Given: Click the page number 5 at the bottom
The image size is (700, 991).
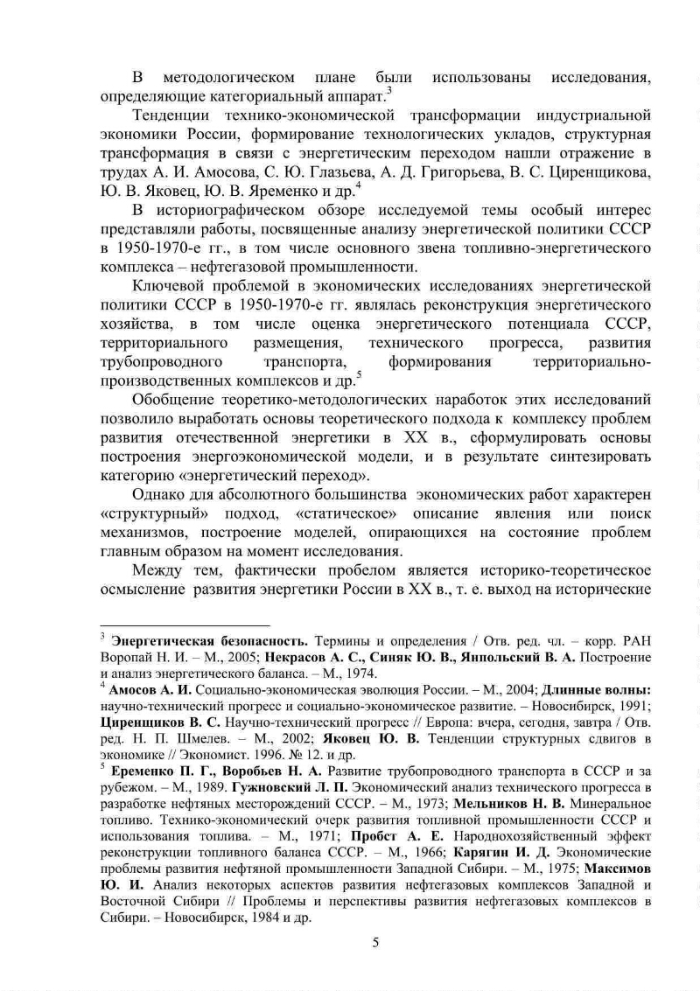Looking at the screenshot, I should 375,941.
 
